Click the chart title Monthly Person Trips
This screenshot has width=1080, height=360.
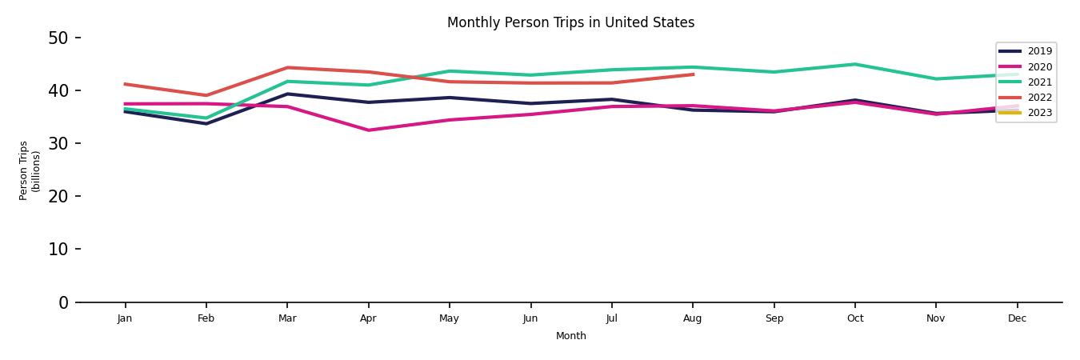pos(570,22)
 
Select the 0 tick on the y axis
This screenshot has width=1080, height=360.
pos(63,302)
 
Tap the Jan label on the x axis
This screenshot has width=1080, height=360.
pos(125,318)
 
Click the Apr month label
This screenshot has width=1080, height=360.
pos(368,318)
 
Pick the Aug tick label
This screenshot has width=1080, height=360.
pos(693,318)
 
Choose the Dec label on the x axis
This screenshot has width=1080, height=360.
pos(1017,318)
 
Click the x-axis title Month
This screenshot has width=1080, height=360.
pos(571,336)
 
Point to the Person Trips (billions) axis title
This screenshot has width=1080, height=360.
pos(30,170)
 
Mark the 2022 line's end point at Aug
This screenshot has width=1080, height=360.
pos(693,74)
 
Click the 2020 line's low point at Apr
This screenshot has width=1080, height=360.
pos(368,130)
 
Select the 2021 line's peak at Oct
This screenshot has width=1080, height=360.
pos(855,64)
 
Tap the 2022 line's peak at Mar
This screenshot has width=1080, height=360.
pos(287,67)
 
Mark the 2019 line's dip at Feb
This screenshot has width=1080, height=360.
pos(206,124)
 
